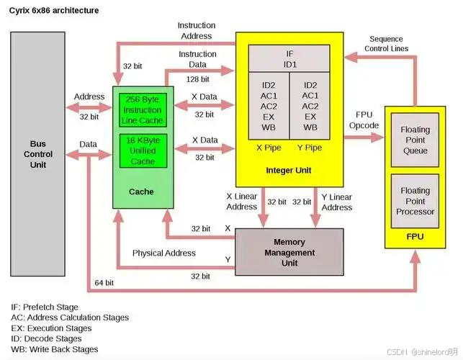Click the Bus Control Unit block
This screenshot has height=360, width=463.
[38, 154]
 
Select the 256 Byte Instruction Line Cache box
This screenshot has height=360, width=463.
[143, 110]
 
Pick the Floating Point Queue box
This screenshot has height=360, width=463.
[415, 140]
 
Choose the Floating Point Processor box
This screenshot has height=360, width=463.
[415, 201]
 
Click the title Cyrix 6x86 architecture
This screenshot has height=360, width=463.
[54, 11]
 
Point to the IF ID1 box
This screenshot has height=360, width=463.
[289, 59]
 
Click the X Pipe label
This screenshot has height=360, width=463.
[268, 148]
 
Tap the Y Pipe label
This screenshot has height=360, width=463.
[310, 148]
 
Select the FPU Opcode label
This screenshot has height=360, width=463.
[364, 120]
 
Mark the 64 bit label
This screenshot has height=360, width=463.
[105, 283]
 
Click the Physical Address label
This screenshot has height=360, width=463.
[163, 253]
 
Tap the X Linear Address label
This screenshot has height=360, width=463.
[242, 202]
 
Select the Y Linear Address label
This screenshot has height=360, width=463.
[336, 202]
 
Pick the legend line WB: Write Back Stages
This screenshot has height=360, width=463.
[54, 349]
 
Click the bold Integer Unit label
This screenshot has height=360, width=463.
[290, 170]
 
